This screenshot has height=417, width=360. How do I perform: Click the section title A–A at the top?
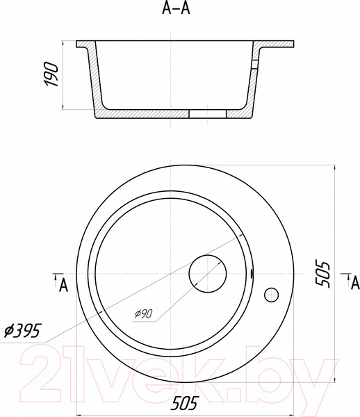pyautogui.click(x=176, y=8)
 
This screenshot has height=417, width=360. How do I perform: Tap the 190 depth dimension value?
pyautogui.click(x=51, y=74)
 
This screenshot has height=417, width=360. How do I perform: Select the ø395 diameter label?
pyautogui.click(x=22, y=331)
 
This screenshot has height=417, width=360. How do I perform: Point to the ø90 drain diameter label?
pyautogui.click(x=144, y=313)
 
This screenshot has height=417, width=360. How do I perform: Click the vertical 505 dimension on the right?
pyautogui.click(x=322, y=275)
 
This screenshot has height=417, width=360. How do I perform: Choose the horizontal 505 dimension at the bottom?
pyautogui.click(x=185, y=403)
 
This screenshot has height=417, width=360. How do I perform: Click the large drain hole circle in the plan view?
pyautogui.click(x=208, y=274)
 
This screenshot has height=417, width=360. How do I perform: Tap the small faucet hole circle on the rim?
pyautogui.click(x=271, y=295)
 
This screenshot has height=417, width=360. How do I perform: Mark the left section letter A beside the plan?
pyautogui.click(x=63, y=286)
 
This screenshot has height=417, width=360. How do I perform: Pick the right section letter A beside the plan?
pyautogui.click(x=355, y=283)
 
